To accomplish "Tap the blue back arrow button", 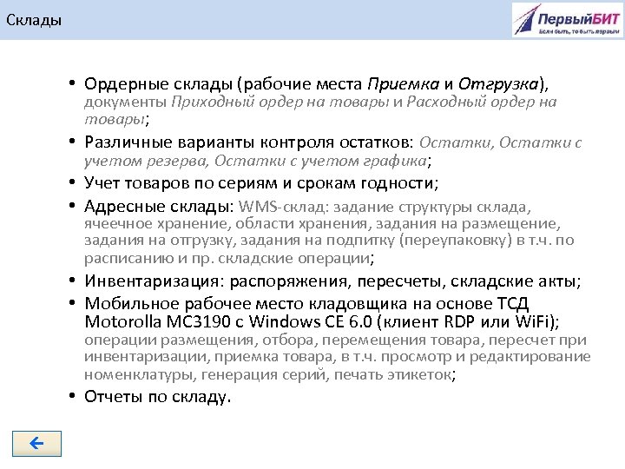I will [x=37, y=444].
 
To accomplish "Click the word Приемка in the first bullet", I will [x=403, y=84].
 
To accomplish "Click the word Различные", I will [x=124, y=142].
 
